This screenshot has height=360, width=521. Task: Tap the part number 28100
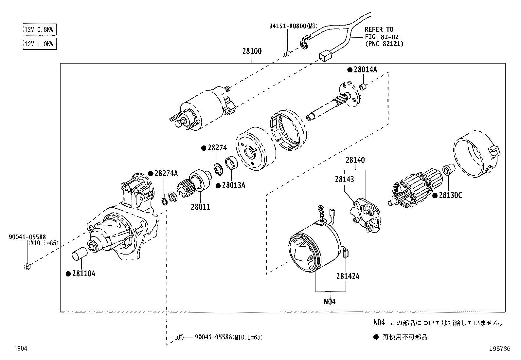252,51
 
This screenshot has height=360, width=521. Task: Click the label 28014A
365,69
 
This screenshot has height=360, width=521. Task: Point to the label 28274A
166,173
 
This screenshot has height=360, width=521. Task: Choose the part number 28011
200,207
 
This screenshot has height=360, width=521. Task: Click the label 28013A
233,185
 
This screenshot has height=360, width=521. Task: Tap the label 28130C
450,195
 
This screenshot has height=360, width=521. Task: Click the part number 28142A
348,276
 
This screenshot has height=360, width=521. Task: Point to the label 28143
344,179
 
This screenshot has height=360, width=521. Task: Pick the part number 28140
355,160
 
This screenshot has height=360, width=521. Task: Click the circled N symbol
288,54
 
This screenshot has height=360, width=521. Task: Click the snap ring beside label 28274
219,169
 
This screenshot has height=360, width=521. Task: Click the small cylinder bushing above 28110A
79,254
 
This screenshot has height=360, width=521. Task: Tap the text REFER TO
379,29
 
